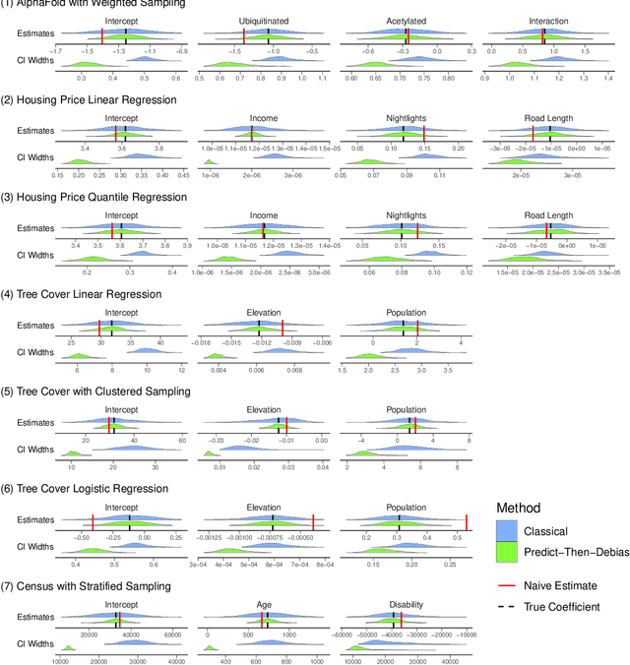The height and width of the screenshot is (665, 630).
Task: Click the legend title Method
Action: click(518, 507)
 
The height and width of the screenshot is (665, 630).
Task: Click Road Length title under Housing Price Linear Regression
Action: click(547, 119)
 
